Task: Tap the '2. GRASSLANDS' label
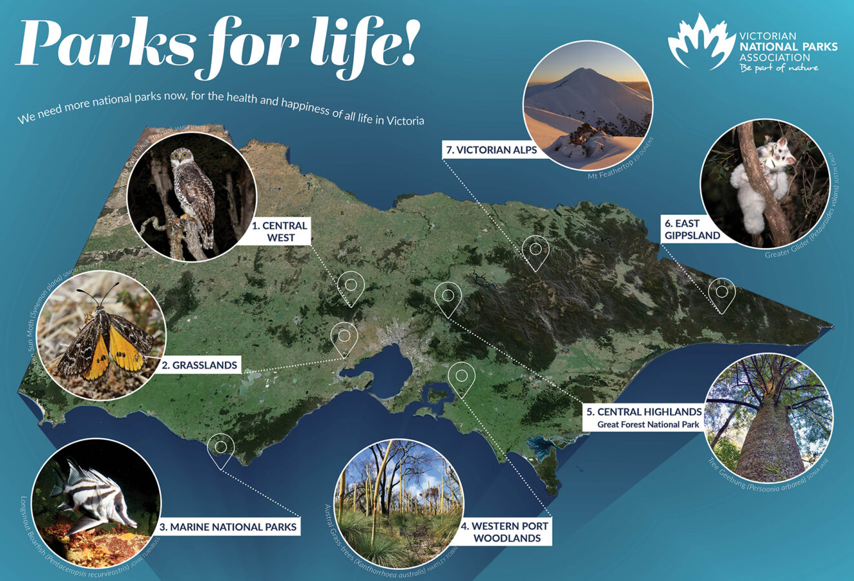coord(200,365)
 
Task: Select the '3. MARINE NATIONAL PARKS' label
coord(228,527)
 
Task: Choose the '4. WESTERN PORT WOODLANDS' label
coord(505,532)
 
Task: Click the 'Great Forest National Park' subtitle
coord(648,425)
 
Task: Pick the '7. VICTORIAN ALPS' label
coord(491,150)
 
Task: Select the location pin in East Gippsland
coord(722,294)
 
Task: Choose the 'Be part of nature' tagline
coord(778,68)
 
